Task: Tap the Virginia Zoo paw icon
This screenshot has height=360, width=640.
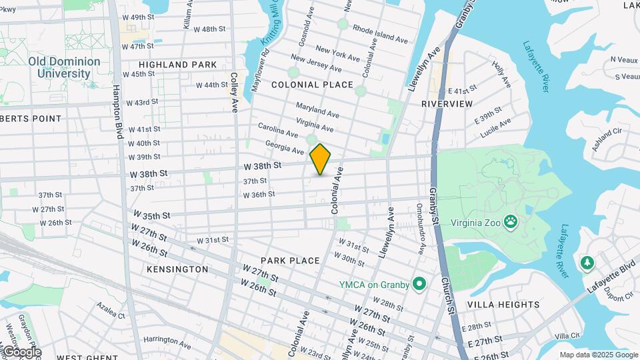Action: pyautogui.click(x=511, y=221)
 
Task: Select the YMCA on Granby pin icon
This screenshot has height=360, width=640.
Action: pyautogui.click(x=419, y=285)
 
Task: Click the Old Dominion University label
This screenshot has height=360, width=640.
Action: pyautogui.click(x=64, y=67)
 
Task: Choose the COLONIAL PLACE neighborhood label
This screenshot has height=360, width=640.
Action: pyautogui.click(x=312, y=85)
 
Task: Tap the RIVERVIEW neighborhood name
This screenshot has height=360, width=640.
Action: pyautogui.click(x=447, y=104)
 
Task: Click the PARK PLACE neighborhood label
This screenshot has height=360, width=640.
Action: pyautogui.click(x=290, y=261)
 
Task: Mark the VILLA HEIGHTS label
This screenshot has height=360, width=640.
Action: pyautogui.click(x=503, y=305)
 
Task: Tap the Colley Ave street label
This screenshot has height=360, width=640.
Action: pyautogui.click(x=234, y=93)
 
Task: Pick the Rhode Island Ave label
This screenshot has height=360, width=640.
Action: pyautogui.click(x=380, y=35)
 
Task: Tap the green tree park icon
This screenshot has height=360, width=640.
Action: pyautogui.click(x=587, y=263)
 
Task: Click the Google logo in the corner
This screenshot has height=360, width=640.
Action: pyautogui.click(x=21, y=352)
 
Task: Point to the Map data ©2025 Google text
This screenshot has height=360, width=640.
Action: pyautogui.click(x=598, y=355)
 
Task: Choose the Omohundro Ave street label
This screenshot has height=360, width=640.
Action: pyautogui.click(x=421, y=229)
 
